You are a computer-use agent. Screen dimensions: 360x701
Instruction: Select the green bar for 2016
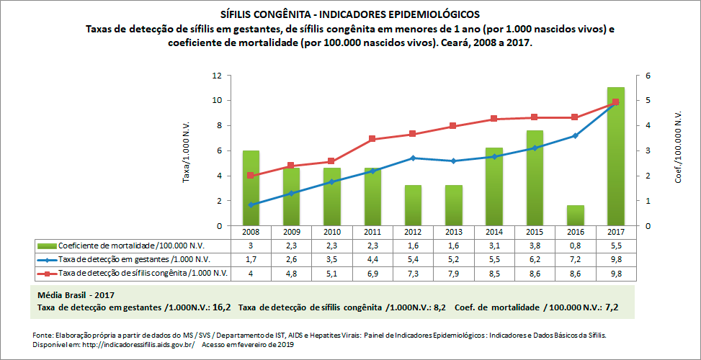click(x=575, y=216)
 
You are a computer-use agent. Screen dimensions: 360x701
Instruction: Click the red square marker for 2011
click(x=372, y=139)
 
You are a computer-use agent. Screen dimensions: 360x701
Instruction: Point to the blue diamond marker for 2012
click(x=413, y=158)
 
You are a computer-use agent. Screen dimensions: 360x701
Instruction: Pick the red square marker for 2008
click(x=250, y=176)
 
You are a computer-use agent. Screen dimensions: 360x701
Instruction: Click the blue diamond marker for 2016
click(x=575, y=135)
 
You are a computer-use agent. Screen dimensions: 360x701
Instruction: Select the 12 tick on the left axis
click(x=216, y=76)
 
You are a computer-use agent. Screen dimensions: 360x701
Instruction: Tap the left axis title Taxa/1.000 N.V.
click(x=186, y=151)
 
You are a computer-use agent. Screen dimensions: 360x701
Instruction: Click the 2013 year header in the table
click(x=453, y=232)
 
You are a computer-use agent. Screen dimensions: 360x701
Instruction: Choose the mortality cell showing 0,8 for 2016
click(x=575, y=246)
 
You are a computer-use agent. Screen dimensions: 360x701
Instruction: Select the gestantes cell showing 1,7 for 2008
click(x=250, y=259)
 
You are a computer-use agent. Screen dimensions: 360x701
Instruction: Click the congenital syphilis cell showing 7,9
click(x=453, y=273)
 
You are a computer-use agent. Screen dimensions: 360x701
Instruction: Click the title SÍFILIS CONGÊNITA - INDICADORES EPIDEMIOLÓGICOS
click(x=349, y=14)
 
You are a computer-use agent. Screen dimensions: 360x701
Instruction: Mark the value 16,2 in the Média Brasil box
click(x=221, y=307)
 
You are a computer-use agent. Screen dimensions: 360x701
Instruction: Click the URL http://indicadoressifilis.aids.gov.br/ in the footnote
click(x=140, y=344)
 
